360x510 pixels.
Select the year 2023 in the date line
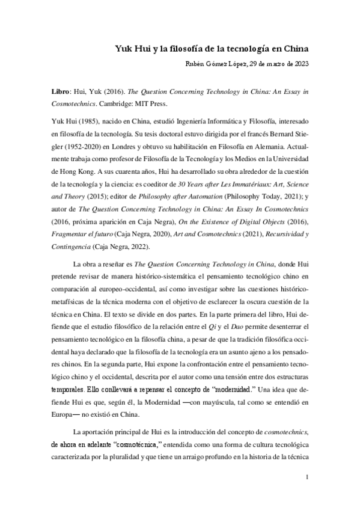(x=299, y=64)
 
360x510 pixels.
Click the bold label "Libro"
(x=60, y=96)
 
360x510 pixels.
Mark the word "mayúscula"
(x=207, y=403)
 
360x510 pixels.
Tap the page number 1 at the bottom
(x=307, y=478)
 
